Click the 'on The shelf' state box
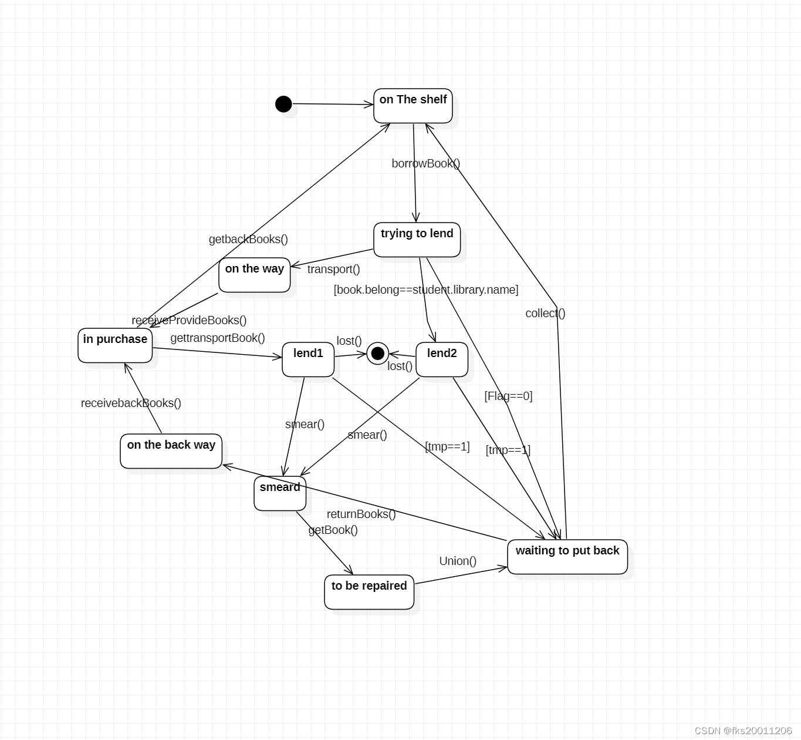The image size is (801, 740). [413, 106]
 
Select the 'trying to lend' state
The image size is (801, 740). [417, 240]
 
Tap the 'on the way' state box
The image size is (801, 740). [255, 275]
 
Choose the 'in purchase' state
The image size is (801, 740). [115, 345]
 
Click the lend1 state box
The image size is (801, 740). [308, 359]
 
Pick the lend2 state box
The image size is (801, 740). [442, 359]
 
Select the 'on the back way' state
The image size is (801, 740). [171, 451]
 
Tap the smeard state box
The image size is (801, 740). [280, 493]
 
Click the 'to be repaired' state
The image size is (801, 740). [369, 592]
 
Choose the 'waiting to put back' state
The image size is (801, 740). [567, 557]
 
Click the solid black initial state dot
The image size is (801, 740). [283, 104]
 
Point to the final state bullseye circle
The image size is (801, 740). [378, 353]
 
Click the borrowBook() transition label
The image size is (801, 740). [426, 163]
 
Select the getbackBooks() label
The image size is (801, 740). [248, 239]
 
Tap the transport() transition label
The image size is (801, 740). [333, 269]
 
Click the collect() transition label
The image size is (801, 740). [545, 313]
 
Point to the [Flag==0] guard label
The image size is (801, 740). [508, 396]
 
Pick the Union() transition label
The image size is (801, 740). [458, 561]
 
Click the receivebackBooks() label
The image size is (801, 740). [131, 403]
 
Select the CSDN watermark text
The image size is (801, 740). [743, 730]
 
